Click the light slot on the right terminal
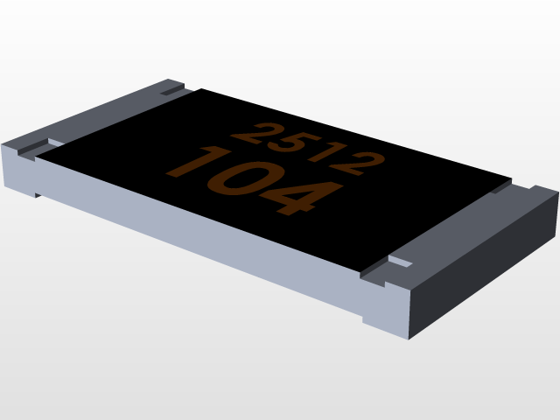[x=401, y=262]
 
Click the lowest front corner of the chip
[x=408, y=335]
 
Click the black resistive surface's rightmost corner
[x=510, y=181]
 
